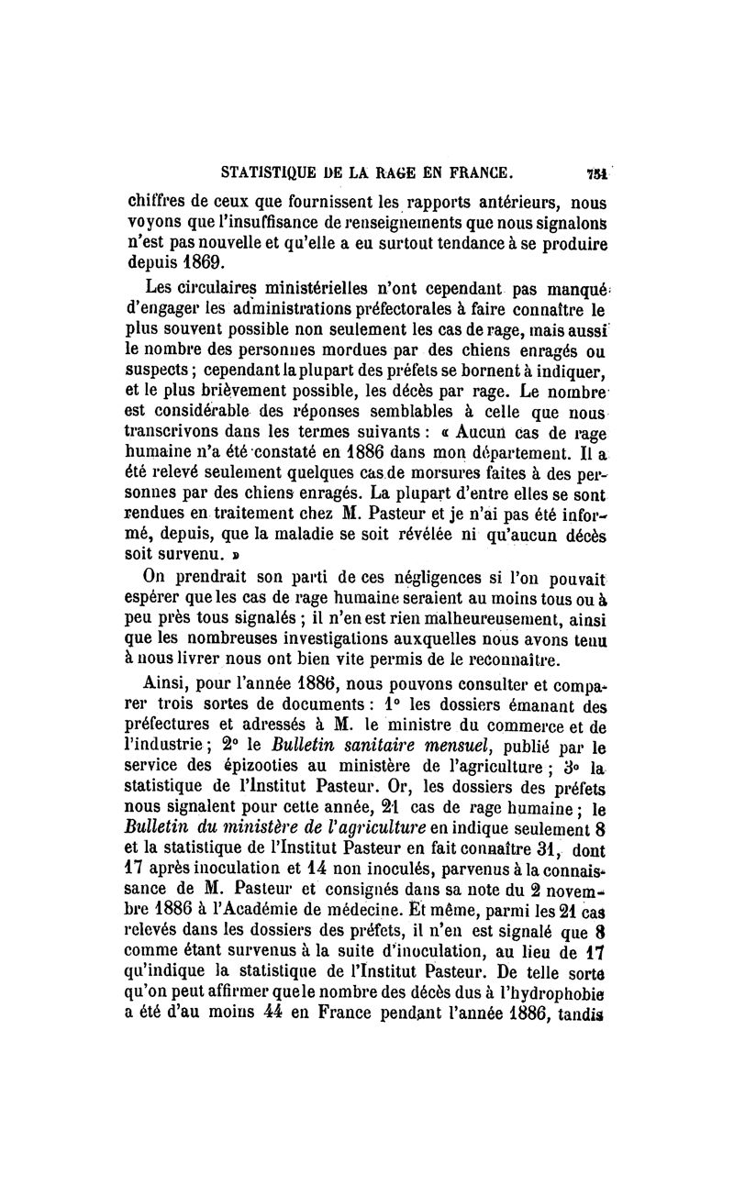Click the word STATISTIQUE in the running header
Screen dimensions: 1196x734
click(269, 170)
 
